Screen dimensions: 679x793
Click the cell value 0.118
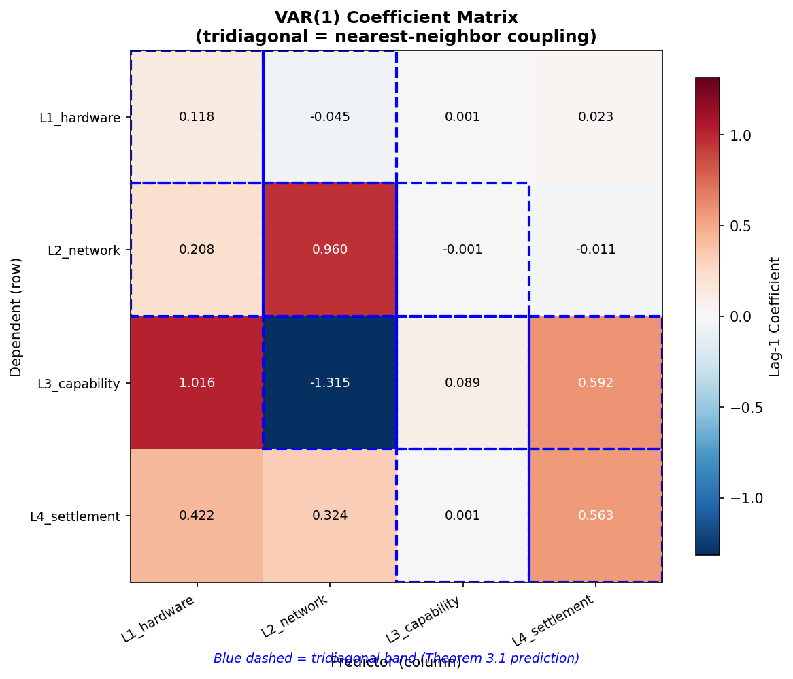[x=197, y=117]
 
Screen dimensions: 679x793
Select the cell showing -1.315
[x=330, y=383]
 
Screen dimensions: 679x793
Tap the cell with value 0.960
[x=330, y=250]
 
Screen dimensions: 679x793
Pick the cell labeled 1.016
[x=197, y=383]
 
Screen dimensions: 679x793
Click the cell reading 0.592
[x=596, y=383]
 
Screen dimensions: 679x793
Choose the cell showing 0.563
[x=596, y=516]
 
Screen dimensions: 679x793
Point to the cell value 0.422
[x=197, y=516]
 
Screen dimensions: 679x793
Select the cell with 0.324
[x=330, y=516]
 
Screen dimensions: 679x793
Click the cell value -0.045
[x=330, y=117]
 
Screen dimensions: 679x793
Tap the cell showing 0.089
[x=462, y=383]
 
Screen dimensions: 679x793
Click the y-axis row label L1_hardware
[x=80, y=118]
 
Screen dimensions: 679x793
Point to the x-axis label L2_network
[x=295, y=616]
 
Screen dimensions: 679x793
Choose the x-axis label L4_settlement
[x=554, y=620]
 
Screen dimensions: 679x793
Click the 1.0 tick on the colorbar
[x=741, y=135]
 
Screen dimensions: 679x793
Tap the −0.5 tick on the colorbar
[x=745, y=407]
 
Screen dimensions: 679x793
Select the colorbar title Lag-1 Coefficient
[x=775, y=316]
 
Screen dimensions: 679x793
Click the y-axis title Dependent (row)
[x=16, y=316]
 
